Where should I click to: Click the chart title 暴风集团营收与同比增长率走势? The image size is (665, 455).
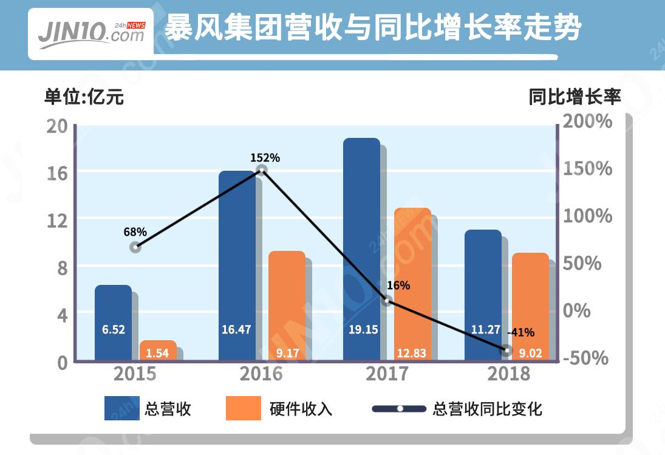tap(373, 29)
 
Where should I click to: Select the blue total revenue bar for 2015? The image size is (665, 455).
tap(113, 322)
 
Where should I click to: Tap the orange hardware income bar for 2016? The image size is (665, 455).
tap(287, 304)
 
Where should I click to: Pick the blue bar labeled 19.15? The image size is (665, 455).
tap(361, 249)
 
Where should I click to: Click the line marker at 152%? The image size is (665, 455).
tap(262, 171)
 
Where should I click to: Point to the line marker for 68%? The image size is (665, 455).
tap(135, 247)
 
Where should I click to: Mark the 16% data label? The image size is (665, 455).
tap(398, 286)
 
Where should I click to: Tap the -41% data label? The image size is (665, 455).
tap(520, 332)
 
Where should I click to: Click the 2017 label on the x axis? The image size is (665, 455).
tap(387, 374)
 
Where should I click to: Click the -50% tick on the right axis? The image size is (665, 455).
tap(585, 358)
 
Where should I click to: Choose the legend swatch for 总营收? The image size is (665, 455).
tap(121, 408)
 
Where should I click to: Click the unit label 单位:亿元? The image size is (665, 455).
tap(84, 97)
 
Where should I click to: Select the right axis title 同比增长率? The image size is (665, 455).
tap(575, 97)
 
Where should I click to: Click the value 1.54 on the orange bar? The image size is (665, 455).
tap(157, 353)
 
